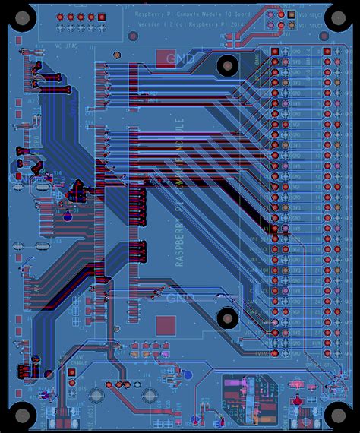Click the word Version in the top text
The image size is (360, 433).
147,24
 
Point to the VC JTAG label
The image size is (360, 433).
68,46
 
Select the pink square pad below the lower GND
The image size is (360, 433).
166,326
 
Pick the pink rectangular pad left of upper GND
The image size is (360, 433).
165,58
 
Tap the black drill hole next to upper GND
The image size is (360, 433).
227,66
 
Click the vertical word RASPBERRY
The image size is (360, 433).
180,235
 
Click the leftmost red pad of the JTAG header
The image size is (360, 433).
60,17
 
